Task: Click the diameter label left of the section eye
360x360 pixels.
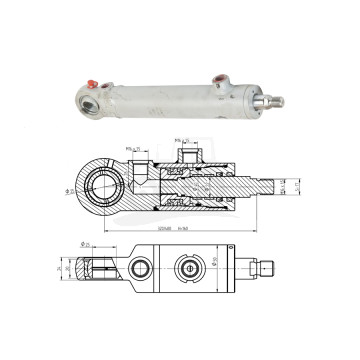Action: click(74, 190)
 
